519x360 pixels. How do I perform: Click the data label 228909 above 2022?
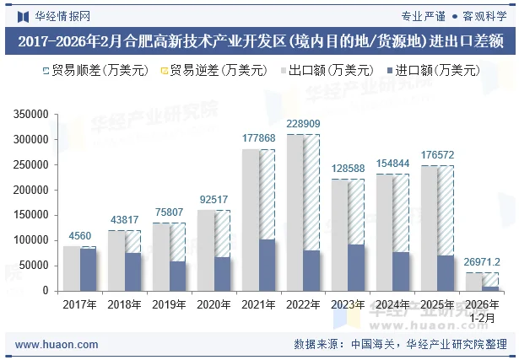coord(303,124)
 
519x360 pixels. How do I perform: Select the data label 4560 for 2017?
coord(80,236)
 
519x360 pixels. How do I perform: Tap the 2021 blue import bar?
coord(268,265)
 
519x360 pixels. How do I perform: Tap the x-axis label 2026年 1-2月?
coord(482,311)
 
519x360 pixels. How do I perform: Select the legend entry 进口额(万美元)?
coord(431,71)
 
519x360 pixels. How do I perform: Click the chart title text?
coord(259,40)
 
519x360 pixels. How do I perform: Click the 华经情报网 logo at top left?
coord(54,14)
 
